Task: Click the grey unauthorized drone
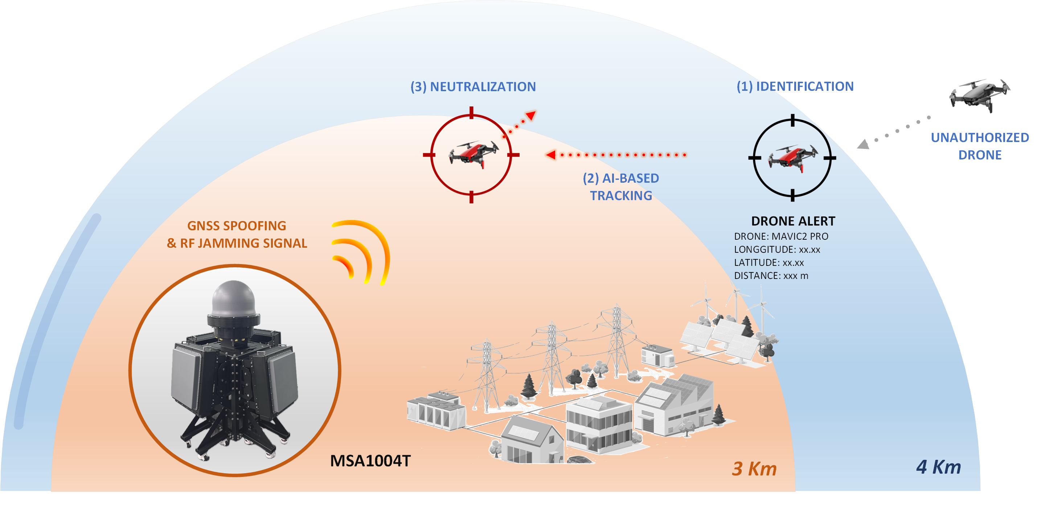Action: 980,95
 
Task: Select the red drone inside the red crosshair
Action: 473,154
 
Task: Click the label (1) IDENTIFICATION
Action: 795,86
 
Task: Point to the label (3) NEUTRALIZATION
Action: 473,86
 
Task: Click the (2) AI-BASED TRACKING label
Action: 621,187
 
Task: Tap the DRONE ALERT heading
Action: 793,221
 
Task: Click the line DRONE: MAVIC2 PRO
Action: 781,236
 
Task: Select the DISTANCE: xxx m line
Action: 771,276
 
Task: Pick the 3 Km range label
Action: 754,469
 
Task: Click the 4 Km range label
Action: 938,467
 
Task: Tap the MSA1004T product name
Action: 370,461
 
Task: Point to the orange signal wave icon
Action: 360,252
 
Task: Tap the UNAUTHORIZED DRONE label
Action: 979,146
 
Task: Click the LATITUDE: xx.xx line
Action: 768,262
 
